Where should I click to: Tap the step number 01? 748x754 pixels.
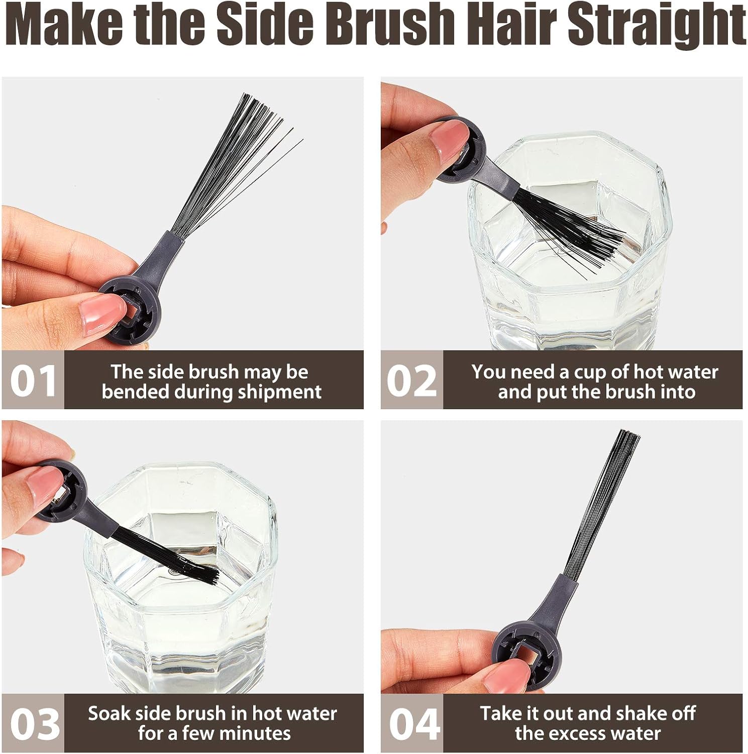tap(33, 381)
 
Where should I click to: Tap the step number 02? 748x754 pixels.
tap(411, 381)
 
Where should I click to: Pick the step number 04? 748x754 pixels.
tap(414, 724)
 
